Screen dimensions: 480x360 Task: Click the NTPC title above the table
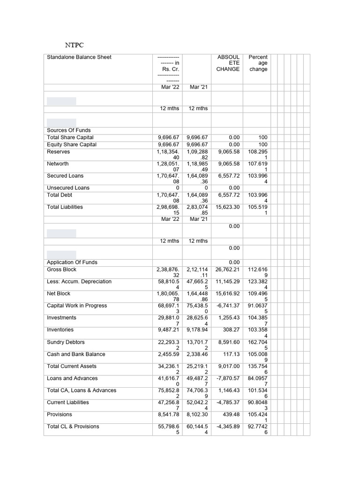[73, 45]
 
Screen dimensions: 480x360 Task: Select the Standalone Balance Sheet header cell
[79, 57]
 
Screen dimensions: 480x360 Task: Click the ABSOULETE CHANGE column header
[228, 63]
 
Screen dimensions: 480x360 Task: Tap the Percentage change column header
[258, 63]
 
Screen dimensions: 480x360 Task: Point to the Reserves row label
[59, 152]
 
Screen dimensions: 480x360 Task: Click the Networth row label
[58, 164]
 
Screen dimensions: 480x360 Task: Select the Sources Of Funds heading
[69, 130]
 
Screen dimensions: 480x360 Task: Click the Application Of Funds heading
[72, 262]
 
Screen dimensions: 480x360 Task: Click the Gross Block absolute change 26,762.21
[227, 270]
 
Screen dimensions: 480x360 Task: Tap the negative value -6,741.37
[228, 306]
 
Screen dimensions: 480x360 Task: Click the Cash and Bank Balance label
[76, 354]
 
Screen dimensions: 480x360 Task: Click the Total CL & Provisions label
[73, 427]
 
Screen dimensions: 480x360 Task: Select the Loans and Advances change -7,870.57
[228, 378]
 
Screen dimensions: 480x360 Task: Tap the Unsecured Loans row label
[68, 188]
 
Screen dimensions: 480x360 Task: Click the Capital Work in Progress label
[77, 306]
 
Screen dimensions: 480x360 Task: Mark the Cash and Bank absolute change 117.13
[231, 354]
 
